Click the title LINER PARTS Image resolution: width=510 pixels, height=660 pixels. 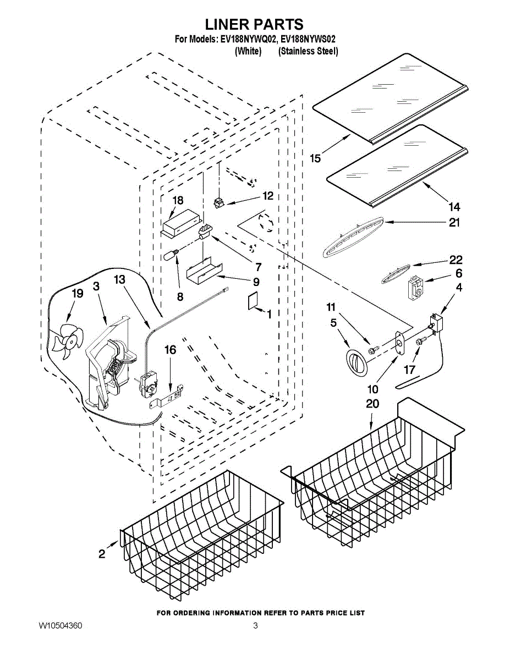tap(254, 24)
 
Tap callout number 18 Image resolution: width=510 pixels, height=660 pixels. tap(178, 201)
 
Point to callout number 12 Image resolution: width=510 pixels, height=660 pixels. tap(268, 196)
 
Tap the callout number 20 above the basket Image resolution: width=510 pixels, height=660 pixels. tap(372, 404)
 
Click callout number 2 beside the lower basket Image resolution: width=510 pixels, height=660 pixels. tap(102, 554)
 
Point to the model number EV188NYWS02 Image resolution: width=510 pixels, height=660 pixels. tap(309, 40)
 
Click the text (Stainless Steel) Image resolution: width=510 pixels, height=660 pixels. tap(308, 51)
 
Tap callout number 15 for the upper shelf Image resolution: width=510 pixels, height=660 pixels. tap(315, 158)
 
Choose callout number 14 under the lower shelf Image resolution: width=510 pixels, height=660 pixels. tap(454, 207)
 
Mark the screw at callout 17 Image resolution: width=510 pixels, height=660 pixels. tap(420, 342)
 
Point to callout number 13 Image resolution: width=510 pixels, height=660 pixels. tap(119, 280)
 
